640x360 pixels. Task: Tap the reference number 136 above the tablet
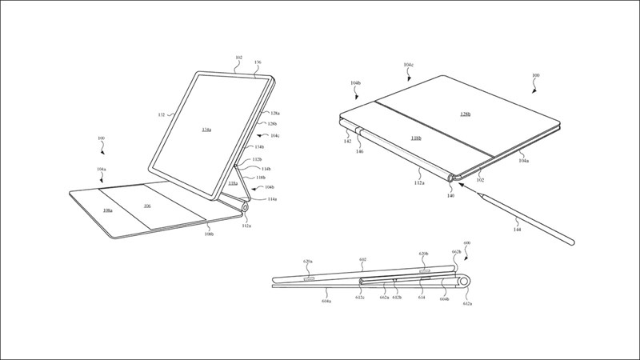(257, 62)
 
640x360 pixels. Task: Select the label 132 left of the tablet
(161, 115)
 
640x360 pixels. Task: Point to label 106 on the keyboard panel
(148, 206)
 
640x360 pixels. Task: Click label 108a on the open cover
(108, 210)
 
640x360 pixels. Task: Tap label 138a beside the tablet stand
(232, 183)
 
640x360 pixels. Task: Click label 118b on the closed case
(417, 138)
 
